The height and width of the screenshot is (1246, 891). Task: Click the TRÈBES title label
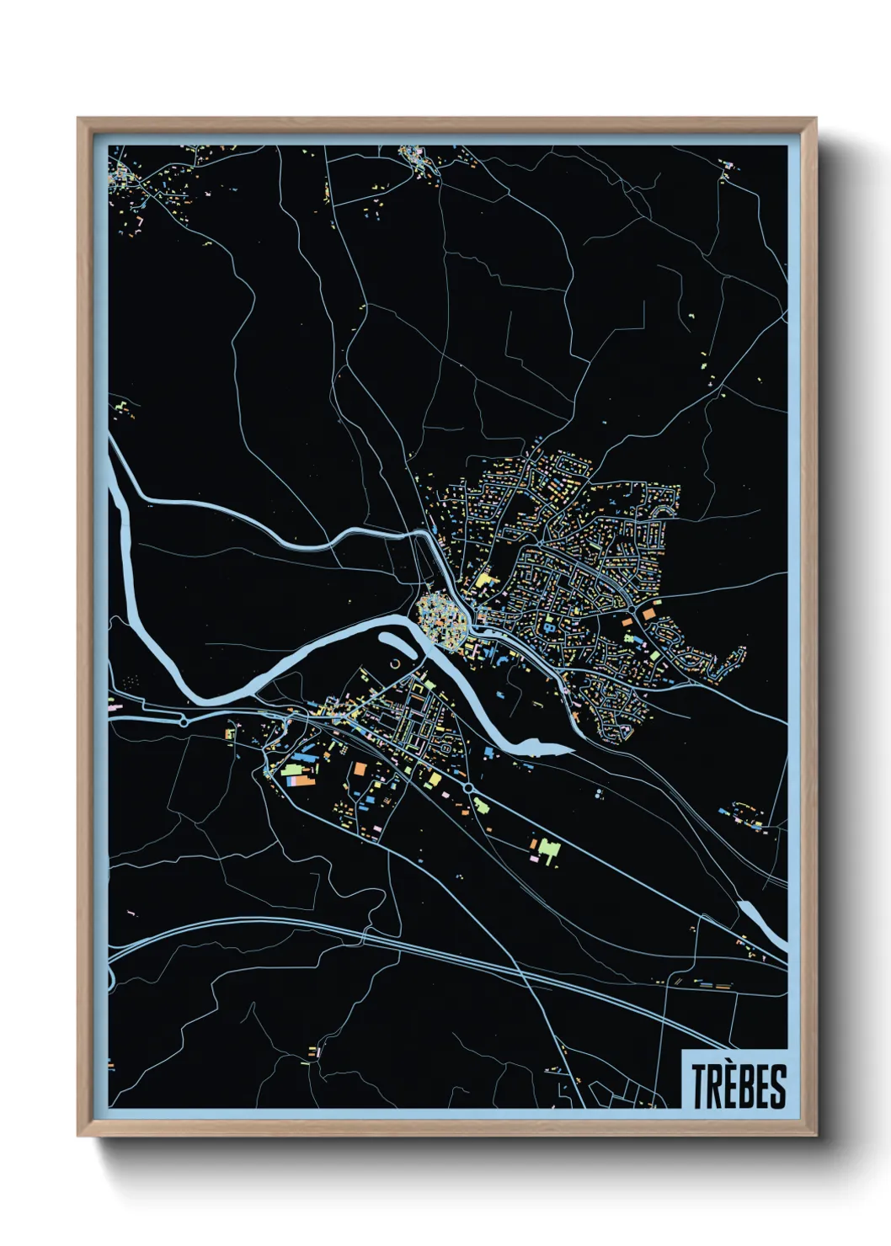[x=739, y=1086]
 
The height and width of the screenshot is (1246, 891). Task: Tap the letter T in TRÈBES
[x=699, y=1086]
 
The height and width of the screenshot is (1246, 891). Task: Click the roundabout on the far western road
[x=184, y=721]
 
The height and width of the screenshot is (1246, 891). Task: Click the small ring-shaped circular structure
[x=396, y=666]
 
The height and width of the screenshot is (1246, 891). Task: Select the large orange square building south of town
[x=358, y=768]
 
